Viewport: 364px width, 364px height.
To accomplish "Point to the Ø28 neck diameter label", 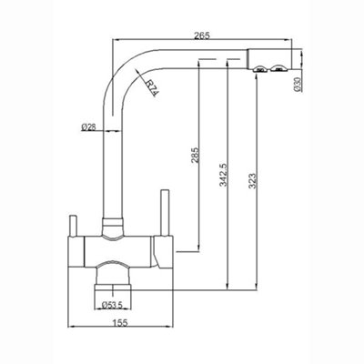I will tap(89, 126).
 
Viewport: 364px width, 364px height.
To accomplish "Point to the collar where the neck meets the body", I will tap(112, 224).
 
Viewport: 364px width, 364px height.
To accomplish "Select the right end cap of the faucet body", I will tap(164, 251).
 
